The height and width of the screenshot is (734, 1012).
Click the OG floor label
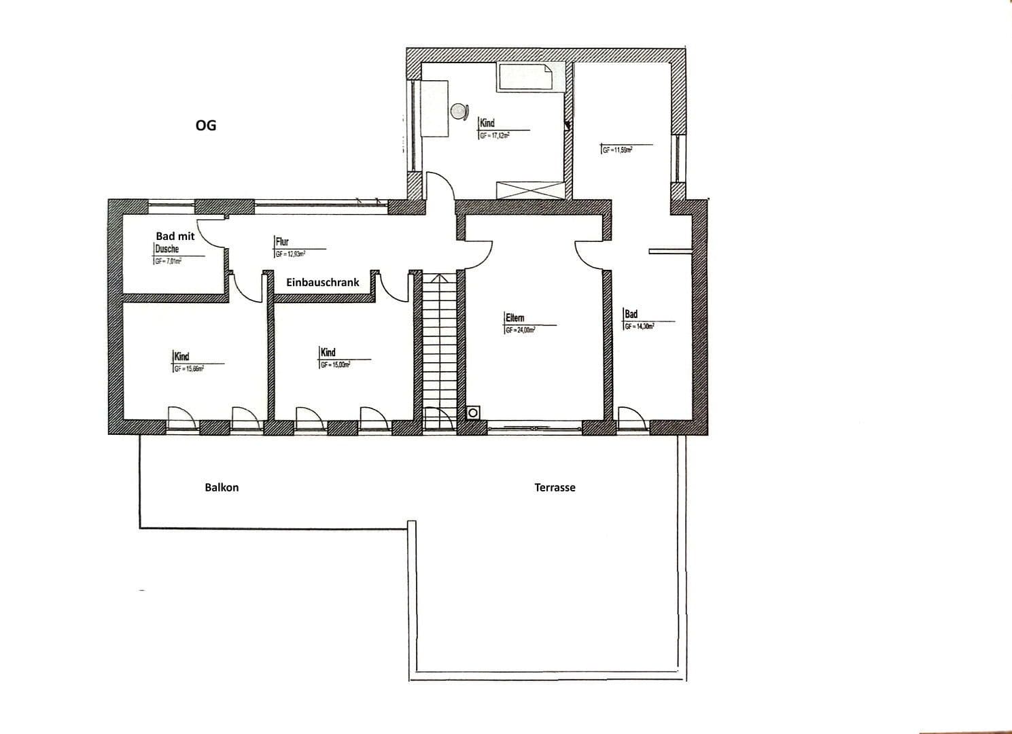(x=205, y=126)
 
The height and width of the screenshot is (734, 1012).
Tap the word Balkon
(x=222, y=487)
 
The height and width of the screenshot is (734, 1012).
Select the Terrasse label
(x=555, y=487)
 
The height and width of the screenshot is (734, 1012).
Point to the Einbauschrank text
(x=322, y=282)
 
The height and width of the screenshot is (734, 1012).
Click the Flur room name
(x=282, y=241)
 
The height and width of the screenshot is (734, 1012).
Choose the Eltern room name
(x=514, y=318)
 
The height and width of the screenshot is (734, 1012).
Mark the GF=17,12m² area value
(x=495, y=136)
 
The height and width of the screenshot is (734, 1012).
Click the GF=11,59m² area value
(x=617, y=150)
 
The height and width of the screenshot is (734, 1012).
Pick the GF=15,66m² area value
(x=189, y=369)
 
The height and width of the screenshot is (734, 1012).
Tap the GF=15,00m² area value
(x=335, y=365)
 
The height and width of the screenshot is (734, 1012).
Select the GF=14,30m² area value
(x=640, y=326)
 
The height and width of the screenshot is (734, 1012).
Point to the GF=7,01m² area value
(x=169, y=261)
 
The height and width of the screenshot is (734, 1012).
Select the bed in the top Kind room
(x=525, y=77)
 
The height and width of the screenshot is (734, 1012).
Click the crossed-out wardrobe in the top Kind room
(x=529, y=190)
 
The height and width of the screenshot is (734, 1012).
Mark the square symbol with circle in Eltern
(x=472, y=413)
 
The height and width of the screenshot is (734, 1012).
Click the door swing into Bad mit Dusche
(x=211, y=234)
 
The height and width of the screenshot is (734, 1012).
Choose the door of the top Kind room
(x=438, y=187)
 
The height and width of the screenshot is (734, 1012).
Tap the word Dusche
(x=167, y=249)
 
